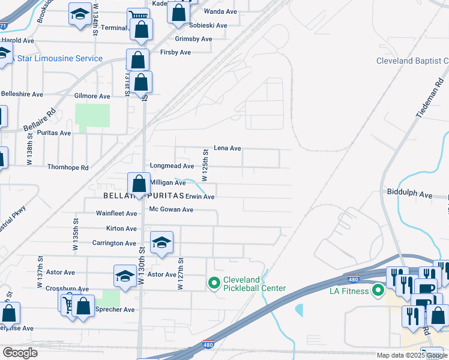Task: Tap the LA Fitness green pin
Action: click(x=378, y=292)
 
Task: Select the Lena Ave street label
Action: click(x=228, y=148)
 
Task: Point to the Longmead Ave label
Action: click(x=172, y=166)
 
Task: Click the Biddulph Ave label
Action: click(x=410, y=195)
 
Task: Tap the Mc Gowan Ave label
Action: click(x=171, y=209)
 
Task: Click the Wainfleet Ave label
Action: click(x=116, y=213)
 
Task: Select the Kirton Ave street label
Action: click(x=121, y=229)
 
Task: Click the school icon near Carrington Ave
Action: click(x=161, y=242)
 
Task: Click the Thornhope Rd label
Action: click(x=68, y=167)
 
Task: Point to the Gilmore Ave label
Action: click(x=92, y=96)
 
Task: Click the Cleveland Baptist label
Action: click(x=412, y=61)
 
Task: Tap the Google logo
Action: click(x=20, y=353)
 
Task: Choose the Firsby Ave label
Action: click(x=175, y=53)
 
